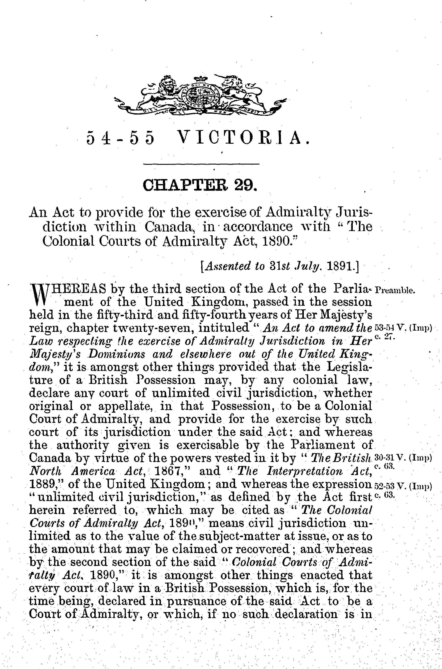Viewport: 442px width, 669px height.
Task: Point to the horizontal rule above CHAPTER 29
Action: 201,164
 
